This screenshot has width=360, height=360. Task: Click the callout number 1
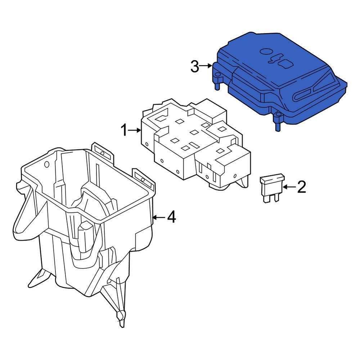click(124, 130)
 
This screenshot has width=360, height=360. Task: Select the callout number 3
click(195, 67)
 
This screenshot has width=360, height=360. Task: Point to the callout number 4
click(171, 217)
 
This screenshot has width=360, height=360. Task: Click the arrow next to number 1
click(134, 130)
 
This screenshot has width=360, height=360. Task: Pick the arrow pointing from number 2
click(290, 187)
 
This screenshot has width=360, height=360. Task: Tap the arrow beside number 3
click(206, 66)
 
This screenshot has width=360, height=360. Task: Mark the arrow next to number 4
click(159, 217)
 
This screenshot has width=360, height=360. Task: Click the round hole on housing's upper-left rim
click(46, 164)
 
